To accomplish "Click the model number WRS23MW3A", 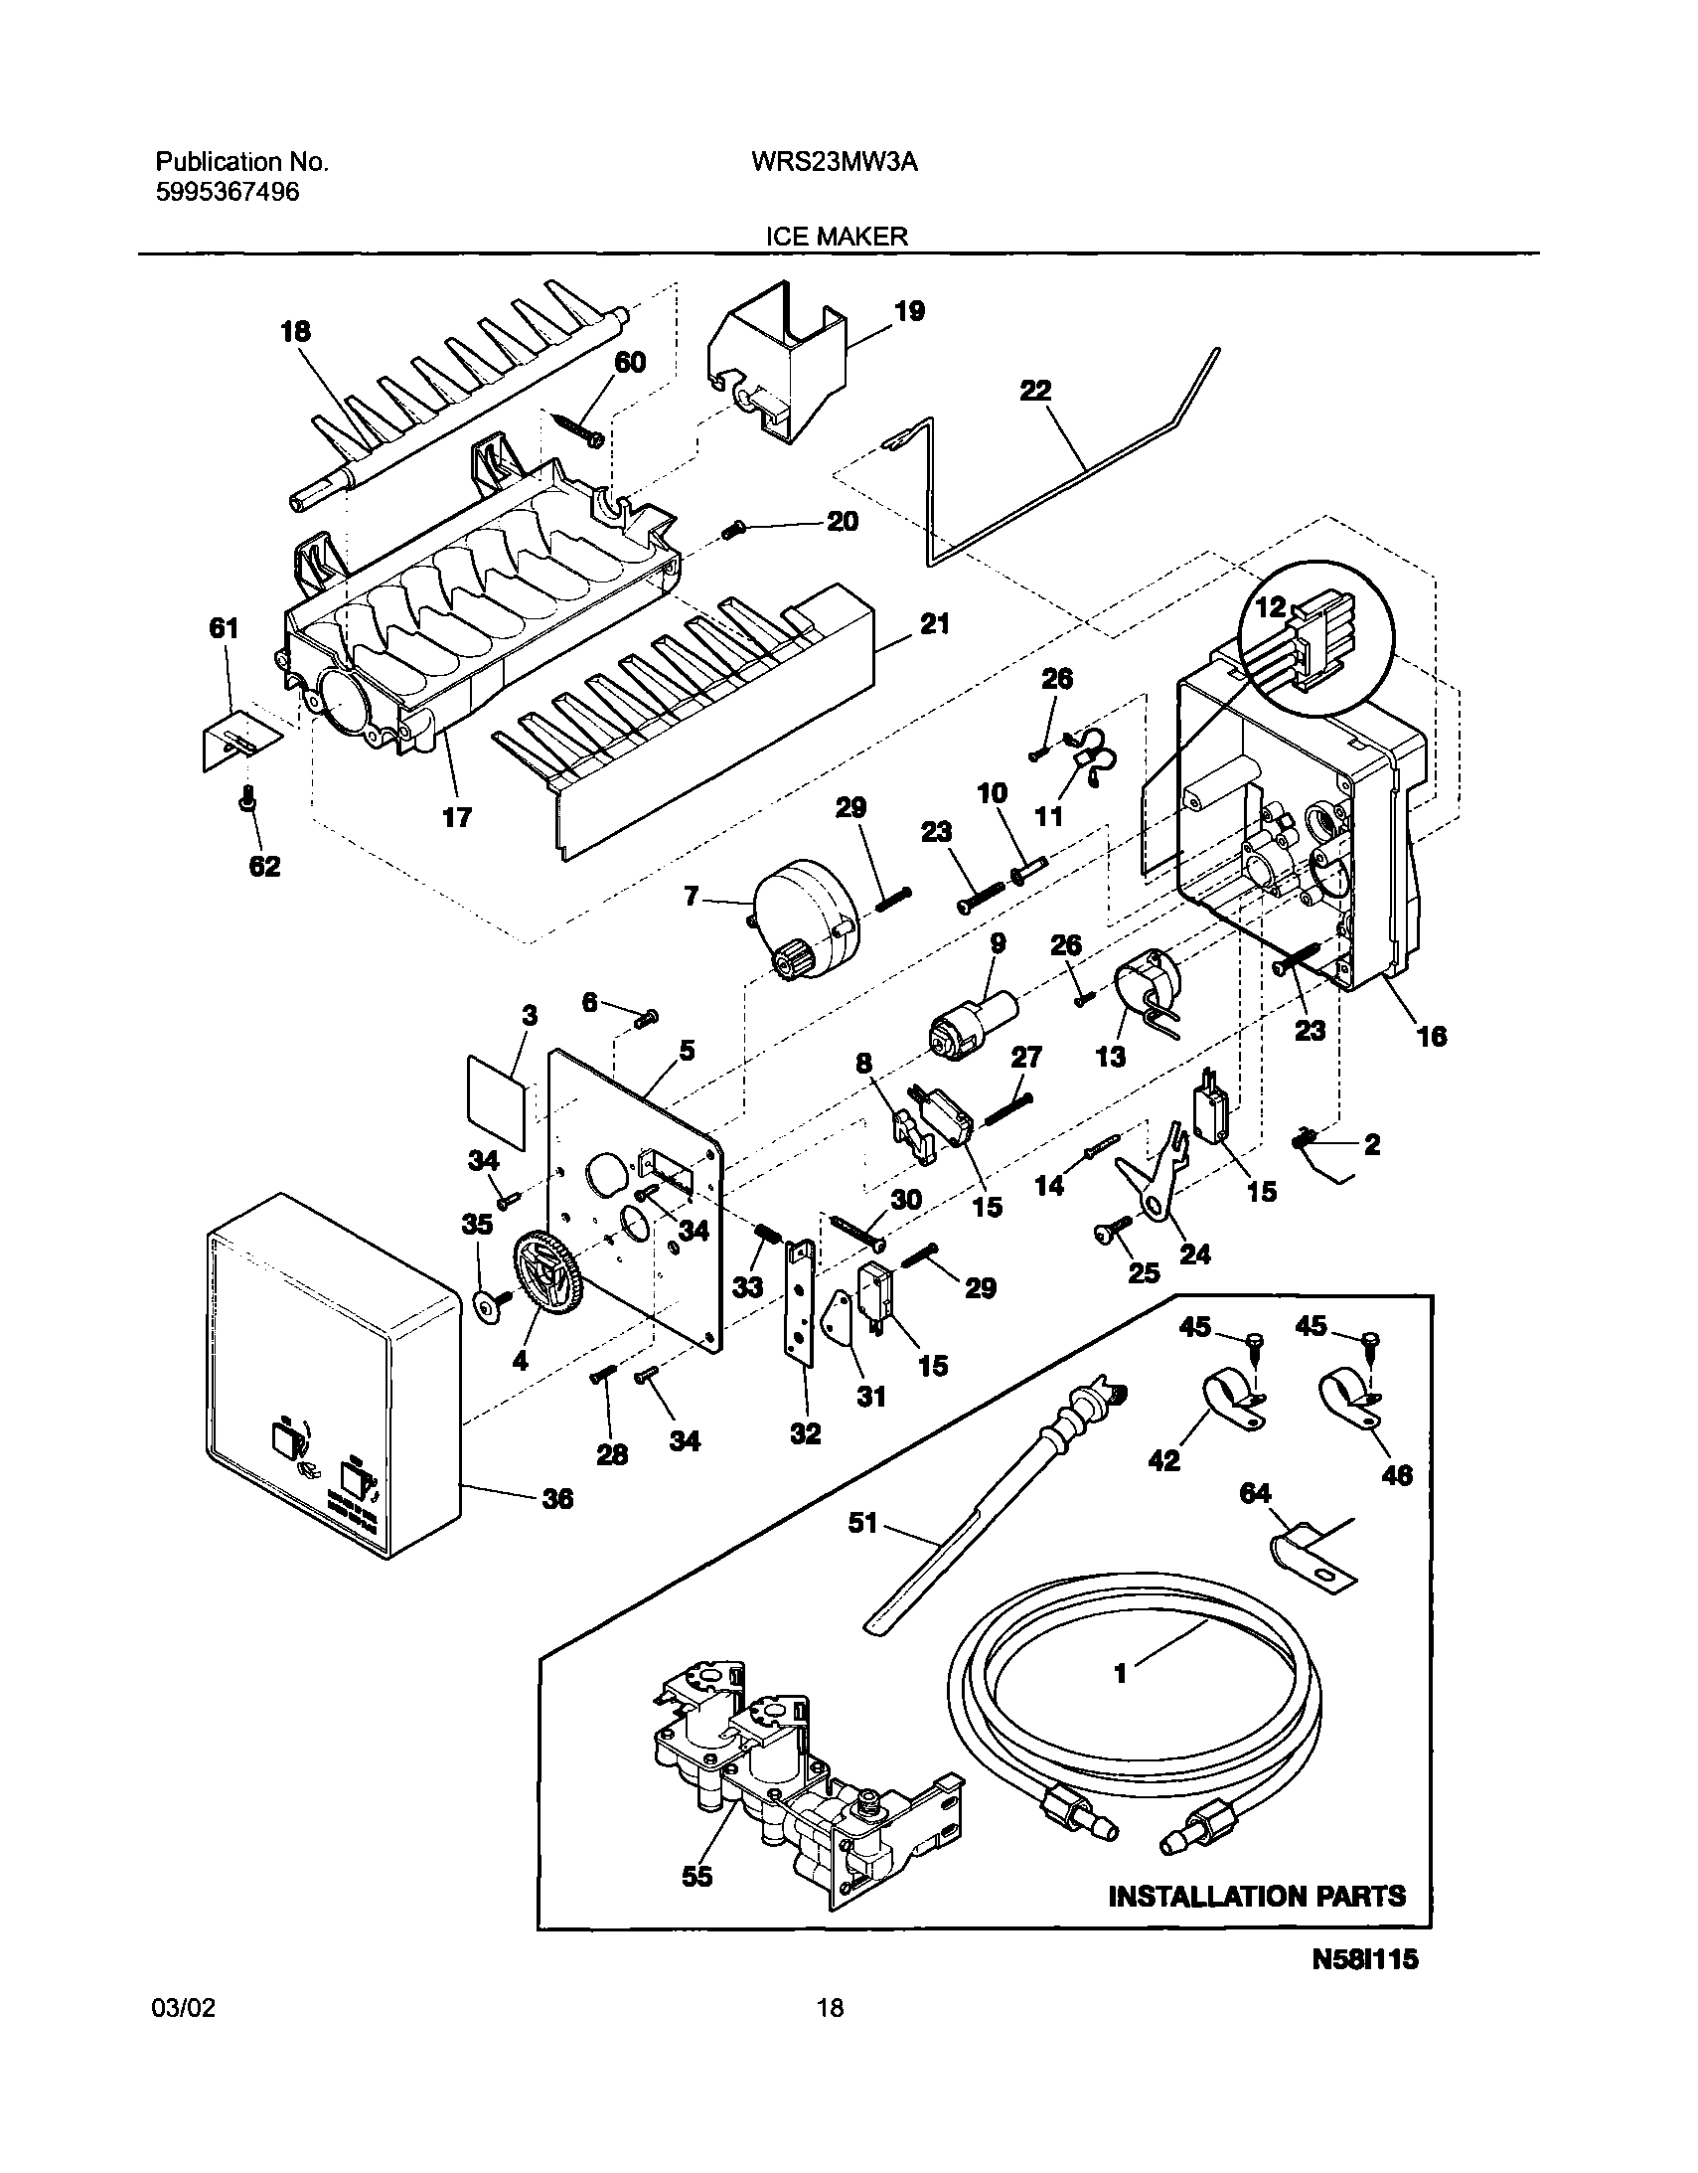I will pos(834,163).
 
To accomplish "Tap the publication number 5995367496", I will pos(227,193).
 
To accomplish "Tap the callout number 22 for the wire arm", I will pos(1035,390).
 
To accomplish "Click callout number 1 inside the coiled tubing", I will pos(1121,1674).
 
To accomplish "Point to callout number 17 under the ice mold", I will pos(457,817).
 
